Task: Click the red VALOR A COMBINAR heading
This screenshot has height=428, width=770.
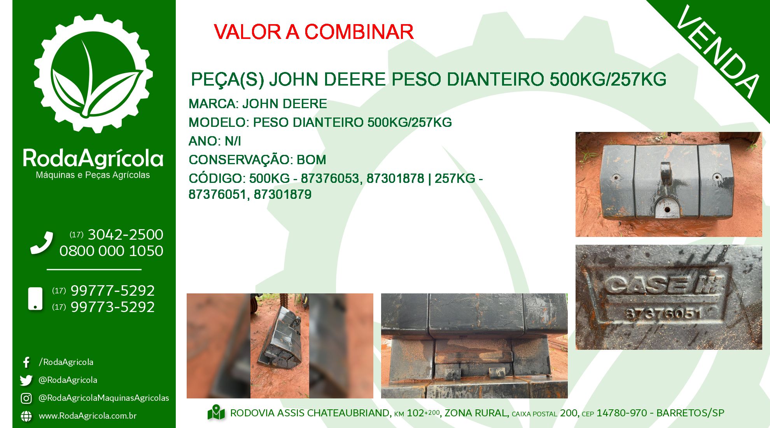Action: tap(313, 32)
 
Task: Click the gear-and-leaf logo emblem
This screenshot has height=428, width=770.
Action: tap(93, 74)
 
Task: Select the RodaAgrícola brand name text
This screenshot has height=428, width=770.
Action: tap(93, 158)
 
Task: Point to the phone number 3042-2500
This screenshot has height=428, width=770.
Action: tap(126, 235)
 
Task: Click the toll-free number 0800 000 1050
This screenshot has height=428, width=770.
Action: tap(111, 251)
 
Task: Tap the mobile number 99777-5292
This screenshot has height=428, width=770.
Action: tap(113, 291)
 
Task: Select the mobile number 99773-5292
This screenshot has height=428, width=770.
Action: tap(113, 307)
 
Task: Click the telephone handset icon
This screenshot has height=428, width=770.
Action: tap(42, 243)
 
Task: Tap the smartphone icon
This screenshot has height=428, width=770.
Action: tap(35, 299)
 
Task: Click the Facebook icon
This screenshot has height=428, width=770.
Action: tap(26, 362)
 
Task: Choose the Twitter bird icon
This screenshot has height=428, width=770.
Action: tap(26, 380)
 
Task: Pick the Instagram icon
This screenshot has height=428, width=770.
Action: tap(26, 398)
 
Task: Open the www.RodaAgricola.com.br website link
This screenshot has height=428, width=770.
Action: tap(87, 416)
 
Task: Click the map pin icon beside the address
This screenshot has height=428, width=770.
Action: tap(216, 413)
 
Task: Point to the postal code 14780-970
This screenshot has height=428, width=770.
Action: tap(622, 413)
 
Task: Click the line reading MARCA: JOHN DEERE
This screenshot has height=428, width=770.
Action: tap(258, 104)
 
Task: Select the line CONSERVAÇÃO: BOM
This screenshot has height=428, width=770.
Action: tap(257, 160)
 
